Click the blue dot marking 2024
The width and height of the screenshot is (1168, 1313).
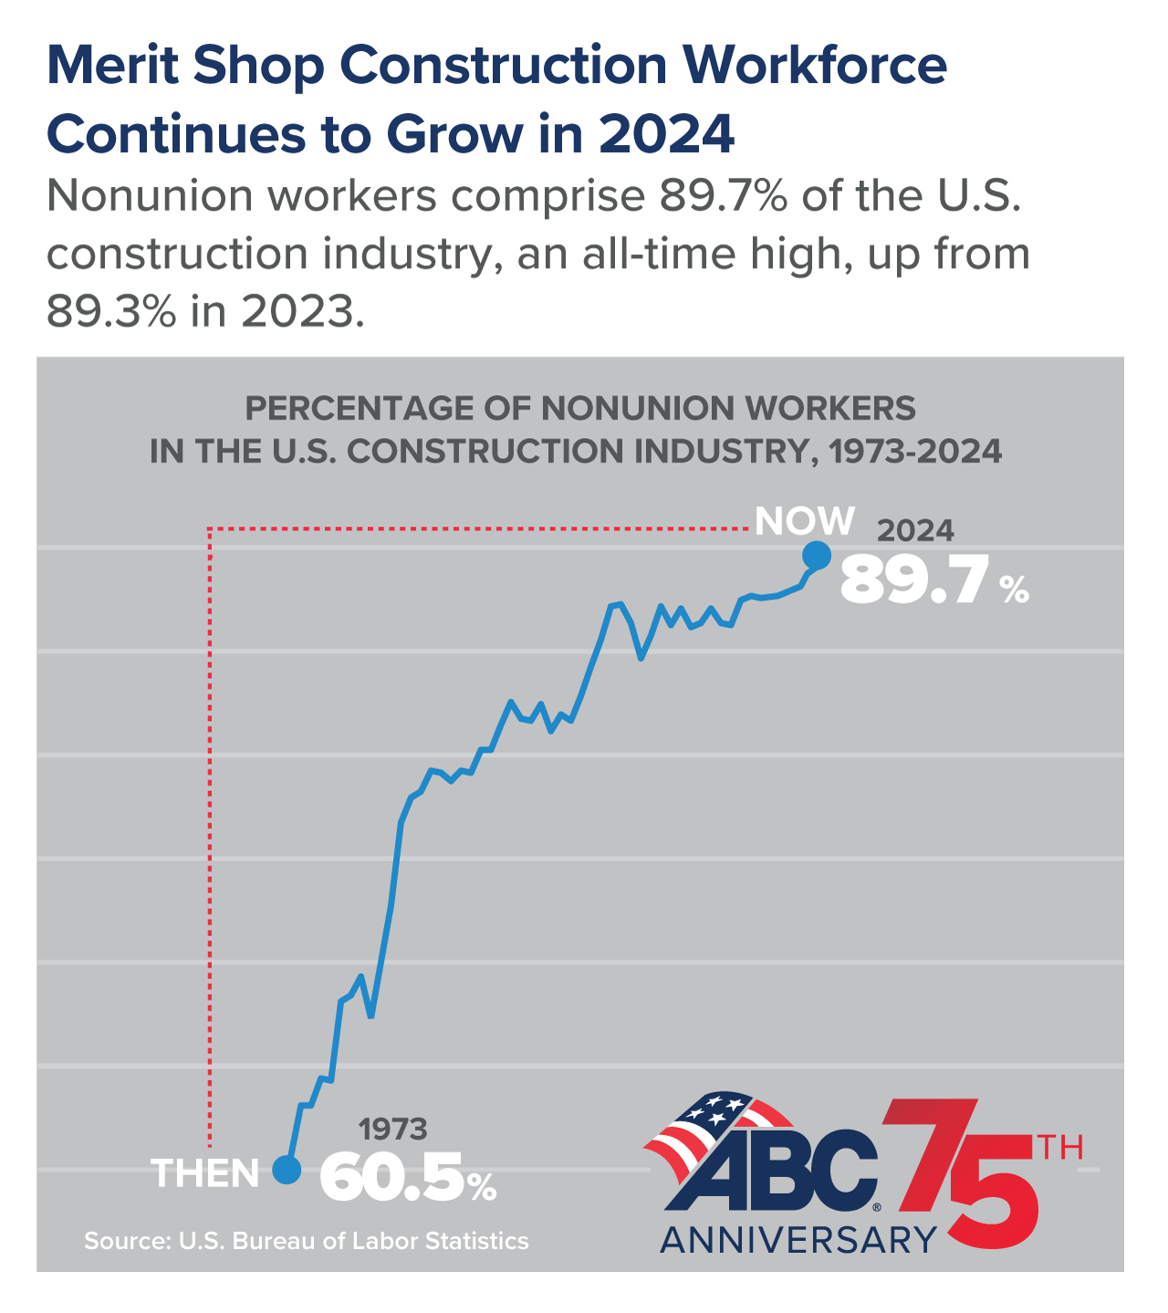(816, 555)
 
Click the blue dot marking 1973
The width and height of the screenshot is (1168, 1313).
(287, 1169)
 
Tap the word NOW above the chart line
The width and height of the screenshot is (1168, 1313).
(805, 521)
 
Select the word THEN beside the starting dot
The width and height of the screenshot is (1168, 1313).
(206, 1173)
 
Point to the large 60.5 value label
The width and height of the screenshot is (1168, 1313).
(392, 1178)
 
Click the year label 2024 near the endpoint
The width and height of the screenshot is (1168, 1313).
(915, 531)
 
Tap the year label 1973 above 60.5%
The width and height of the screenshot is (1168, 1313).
(392, 1130)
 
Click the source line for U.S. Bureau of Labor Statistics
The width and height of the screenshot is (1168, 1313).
(307, 1241)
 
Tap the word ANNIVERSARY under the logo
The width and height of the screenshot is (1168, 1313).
(798, 1239)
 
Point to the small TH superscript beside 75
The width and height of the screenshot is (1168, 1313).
(1060, 1147)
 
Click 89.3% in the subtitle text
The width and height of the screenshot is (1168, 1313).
(111, 312)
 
